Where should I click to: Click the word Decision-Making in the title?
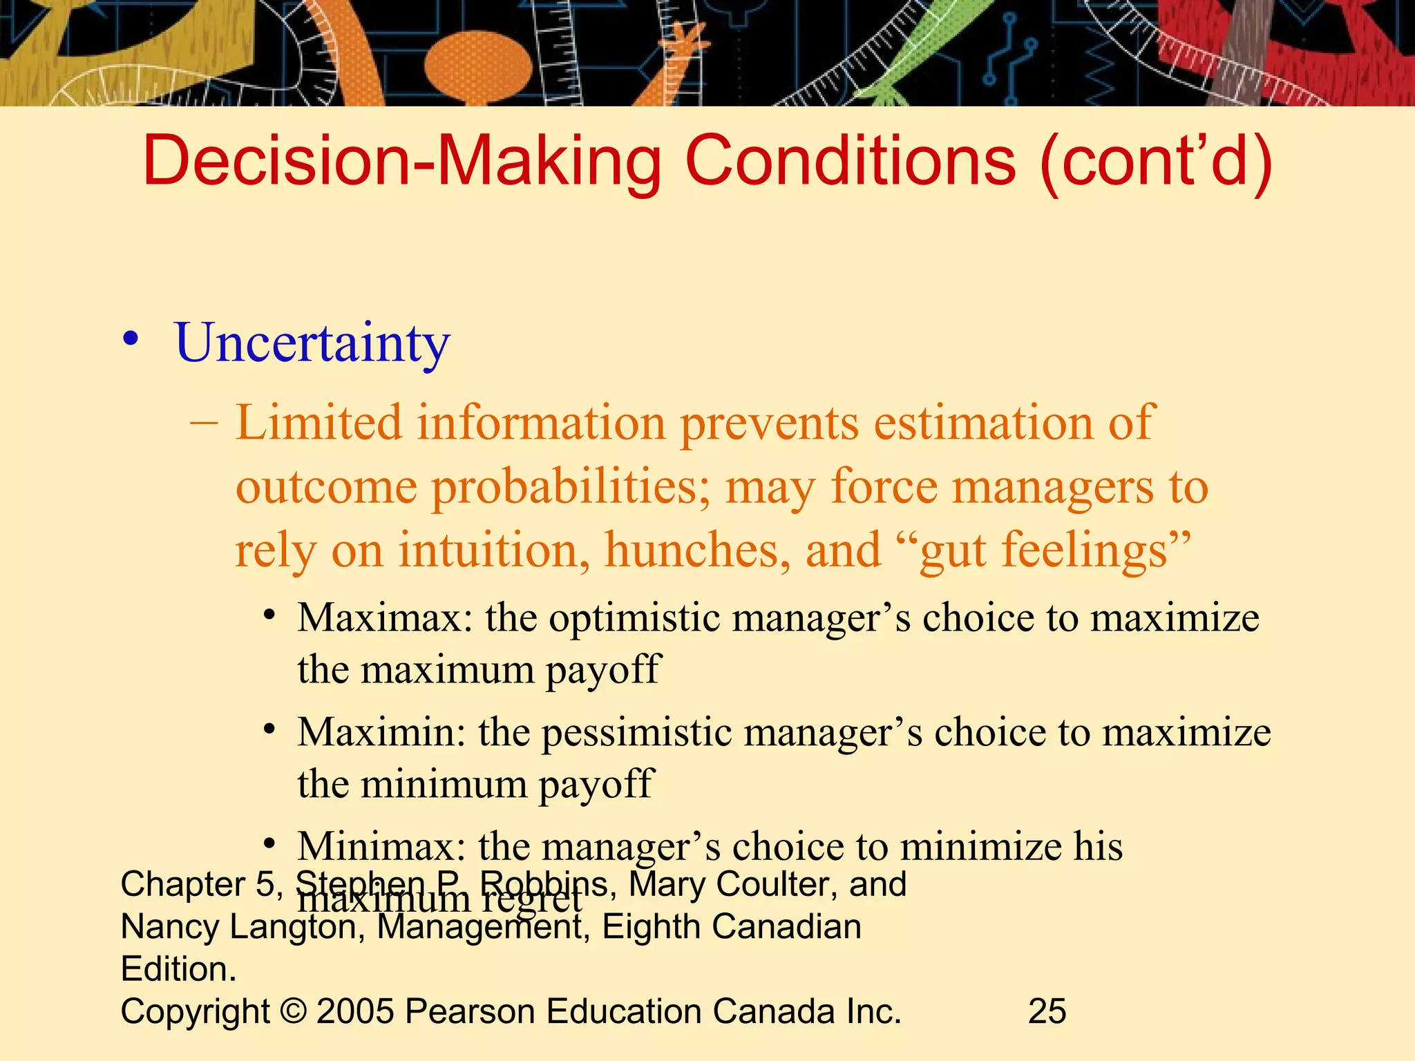point(402,162)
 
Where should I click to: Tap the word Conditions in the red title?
point(851,162)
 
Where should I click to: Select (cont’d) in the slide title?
point(1156,162)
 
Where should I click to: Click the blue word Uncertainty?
point(312,343)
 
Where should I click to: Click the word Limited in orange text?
point(319,423)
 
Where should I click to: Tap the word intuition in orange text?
point(494,551)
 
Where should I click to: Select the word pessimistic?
point(636,732)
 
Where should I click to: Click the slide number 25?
point(1047,1011)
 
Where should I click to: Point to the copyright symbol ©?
point(294,1011)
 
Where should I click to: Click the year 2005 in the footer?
point(356,1011)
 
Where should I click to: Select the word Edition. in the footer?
point(179,969)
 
